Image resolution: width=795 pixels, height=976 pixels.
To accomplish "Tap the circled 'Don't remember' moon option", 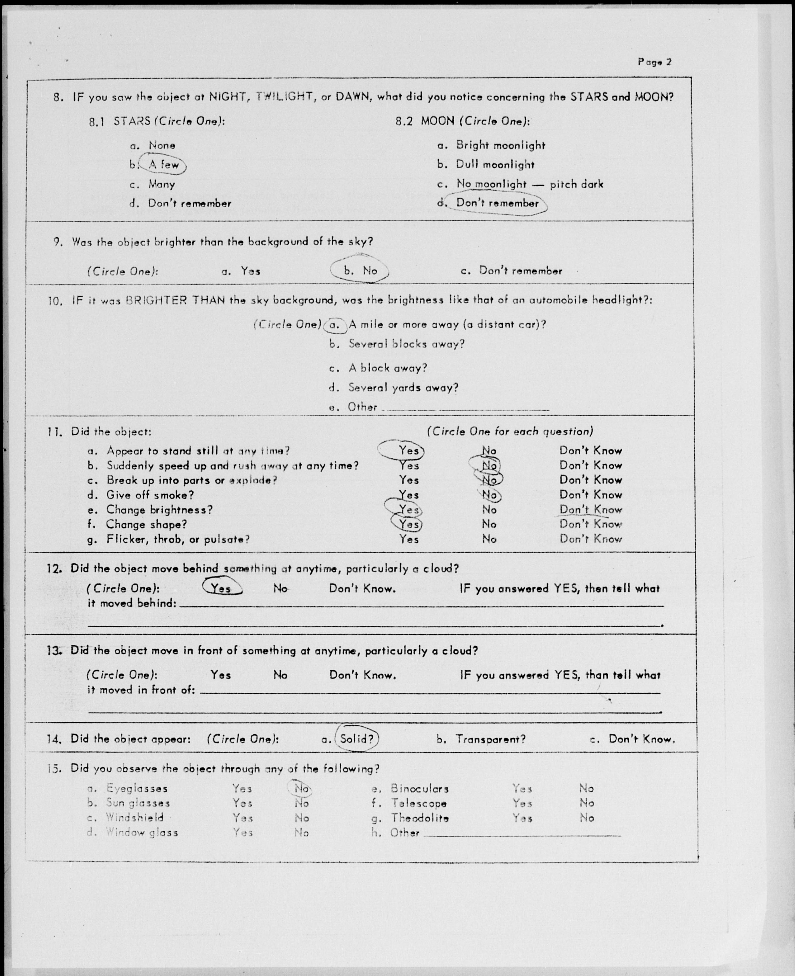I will point(497,203).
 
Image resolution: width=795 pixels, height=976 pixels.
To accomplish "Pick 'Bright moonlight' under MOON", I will point(500,146).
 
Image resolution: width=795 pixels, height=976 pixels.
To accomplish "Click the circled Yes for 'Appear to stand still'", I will point(408,451).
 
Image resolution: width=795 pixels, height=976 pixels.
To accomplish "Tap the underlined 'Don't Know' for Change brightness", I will point(590,510).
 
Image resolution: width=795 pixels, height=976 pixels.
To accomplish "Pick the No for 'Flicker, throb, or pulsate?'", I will point(489,539).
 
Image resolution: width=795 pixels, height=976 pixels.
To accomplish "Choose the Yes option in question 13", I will point(221,675).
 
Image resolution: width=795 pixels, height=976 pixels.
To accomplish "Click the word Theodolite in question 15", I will point(420,818).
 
